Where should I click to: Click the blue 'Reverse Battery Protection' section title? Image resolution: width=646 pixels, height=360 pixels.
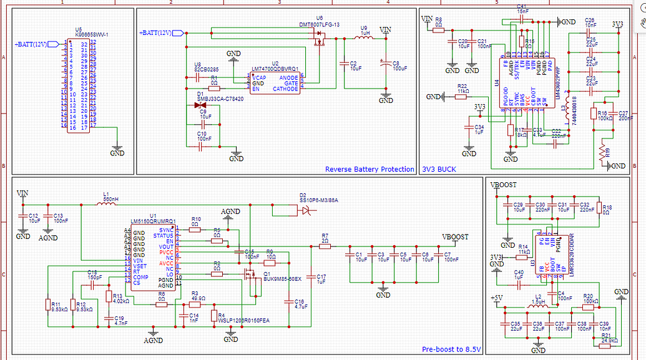tap(369, 169)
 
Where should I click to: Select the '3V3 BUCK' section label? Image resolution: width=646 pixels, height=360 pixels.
tap(439, 169)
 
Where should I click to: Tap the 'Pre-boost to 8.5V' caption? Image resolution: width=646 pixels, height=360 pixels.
tap(451, 349)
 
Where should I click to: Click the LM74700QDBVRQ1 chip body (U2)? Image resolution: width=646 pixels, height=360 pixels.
tap(274, 83)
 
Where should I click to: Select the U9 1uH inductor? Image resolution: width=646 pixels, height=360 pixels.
tap(364, 38)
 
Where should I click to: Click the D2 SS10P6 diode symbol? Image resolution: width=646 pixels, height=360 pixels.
tap(305, 212)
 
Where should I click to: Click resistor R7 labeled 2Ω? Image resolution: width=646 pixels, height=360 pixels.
tap(325, 246)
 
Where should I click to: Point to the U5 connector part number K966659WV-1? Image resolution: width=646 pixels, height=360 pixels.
tap(92, 34)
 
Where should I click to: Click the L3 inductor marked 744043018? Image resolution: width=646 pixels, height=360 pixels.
tap(564, 112)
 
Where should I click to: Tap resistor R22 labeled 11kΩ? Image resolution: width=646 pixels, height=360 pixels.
tap(462, 97)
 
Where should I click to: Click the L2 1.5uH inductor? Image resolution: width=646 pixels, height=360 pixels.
tap(538, 306)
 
